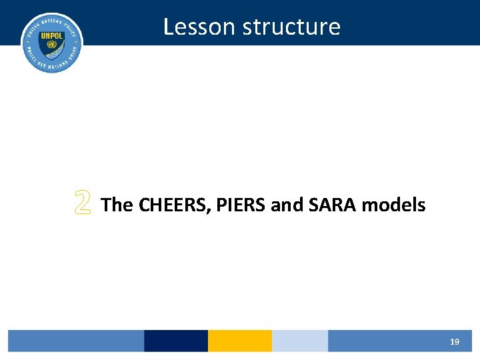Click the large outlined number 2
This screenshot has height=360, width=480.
[83, 203]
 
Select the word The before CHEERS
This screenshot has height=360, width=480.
[117, 205]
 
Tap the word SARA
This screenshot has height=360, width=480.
[334, 205]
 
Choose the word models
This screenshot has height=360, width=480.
[393, 205]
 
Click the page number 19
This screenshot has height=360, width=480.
[454, 341]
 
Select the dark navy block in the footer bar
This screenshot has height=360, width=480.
[176, 341]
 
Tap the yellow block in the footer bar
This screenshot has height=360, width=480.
[240, 341]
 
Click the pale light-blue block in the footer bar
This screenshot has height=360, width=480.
[300, 341]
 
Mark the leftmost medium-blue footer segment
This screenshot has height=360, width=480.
[76, 341]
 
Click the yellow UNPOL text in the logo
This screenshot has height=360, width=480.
[52, 36]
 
